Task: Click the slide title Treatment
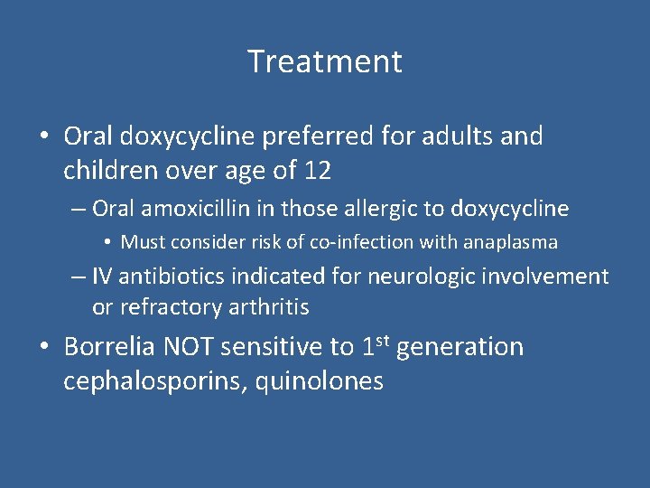point(325,61)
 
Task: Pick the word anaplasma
point(512,242)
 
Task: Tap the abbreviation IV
point(104,277)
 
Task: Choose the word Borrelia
point(115,348)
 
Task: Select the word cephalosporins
point(155,380)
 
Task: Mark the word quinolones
point(320,380)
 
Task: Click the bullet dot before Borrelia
point(43,348)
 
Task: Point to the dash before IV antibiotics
point(79,277)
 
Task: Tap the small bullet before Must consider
point(107,242)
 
